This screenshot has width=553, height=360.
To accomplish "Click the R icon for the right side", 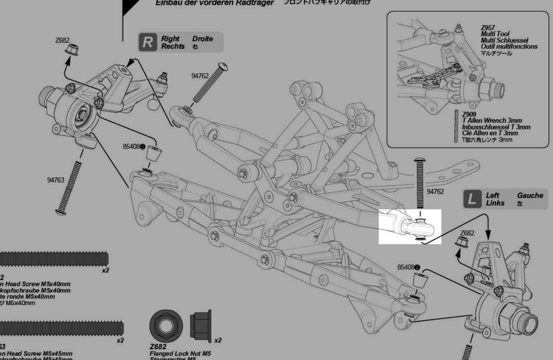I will click(x=147, y=42).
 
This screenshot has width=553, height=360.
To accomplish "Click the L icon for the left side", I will click(x=472, y=199).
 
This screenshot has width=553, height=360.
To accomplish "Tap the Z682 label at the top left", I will click(x=62, y=40).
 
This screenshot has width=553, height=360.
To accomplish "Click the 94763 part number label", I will click(x=55, y=180).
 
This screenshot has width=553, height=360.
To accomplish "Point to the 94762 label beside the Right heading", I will click(x=200, y=76).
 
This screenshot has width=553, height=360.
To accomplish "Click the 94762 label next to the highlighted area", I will click(x=435, y=191).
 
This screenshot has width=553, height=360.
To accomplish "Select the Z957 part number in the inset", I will click(x=488, y=28).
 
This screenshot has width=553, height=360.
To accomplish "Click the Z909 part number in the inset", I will click(x=469, y=114).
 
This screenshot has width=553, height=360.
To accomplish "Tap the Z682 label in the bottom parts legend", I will click(x=158, y=347).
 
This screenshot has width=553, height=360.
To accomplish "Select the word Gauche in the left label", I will click(x=530, y=195).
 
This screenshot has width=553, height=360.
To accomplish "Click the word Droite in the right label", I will click(x=202, y=39).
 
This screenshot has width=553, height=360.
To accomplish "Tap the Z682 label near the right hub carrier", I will click(x=467, y=233).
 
